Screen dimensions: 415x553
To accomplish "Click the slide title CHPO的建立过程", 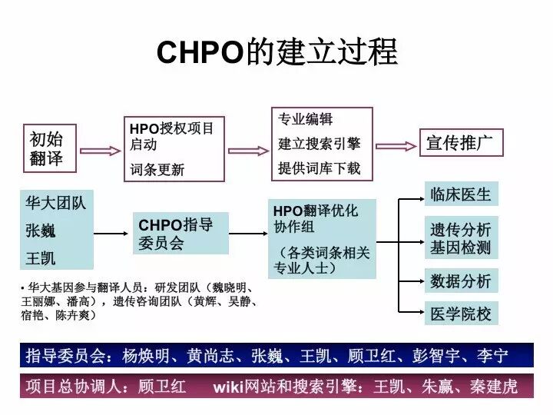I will coord(276,52).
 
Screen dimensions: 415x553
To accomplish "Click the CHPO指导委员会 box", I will coord(180,234).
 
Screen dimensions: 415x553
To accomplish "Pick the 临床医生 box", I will coord(461,194).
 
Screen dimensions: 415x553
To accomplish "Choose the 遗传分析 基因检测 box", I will coord(461,238).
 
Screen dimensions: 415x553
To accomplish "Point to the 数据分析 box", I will coord(461,281).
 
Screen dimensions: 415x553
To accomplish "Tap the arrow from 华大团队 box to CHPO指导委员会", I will coord(111,233).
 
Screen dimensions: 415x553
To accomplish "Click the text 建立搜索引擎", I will coord(319,144).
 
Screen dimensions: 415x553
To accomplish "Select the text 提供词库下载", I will coord(319,168).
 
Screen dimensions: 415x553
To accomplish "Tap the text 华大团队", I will coord(55,204).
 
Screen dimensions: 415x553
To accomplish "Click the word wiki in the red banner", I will coord(228,386).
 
